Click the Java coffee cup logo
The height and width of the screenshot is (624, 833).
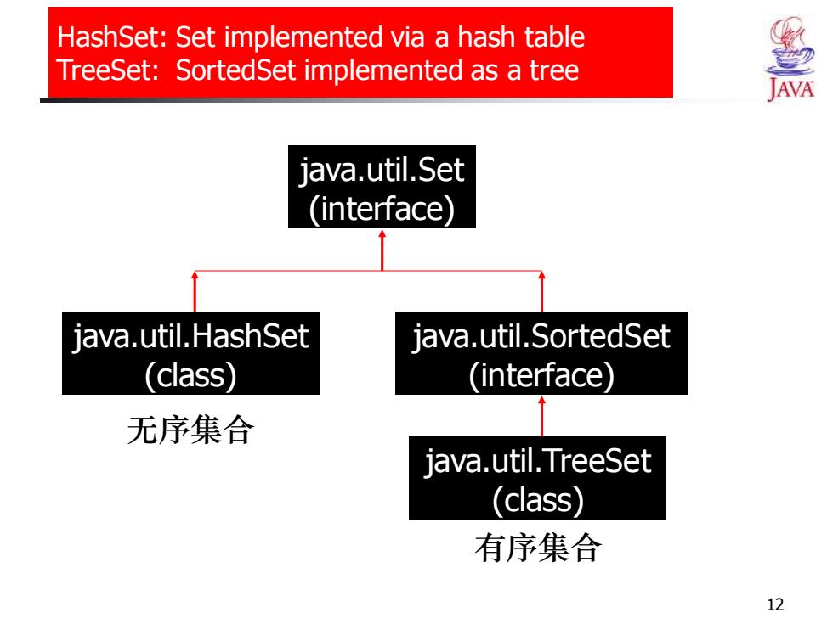point(790,59)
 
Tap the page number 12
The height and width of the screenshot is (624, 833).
point(775,604)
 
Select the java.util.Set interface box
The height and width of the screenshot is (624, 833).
point(382,187)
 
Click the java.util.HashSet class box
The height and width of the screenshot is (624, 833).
point(190,353)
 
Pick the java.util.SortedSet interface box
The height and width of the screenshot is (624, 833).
point(541,353)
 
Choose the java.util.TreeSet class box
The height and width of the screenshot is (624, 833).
point(537,477)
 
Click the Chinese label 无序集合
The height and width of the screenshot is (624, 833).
point(190,430)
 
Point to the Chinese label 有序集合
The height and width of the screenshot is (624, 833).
point(538,548)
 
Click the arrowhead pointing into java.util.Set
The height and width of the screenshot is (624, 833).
point(382,233)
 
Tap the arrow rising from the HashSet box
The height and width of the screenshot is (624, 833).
point(195,291)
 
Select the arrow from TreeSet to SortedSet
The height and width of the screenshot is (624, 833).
point(542,416)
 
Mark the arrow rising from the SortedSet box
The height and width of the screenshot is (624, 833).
point(542,291)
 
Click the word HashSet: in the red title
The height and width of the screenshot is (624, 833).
point(112,37)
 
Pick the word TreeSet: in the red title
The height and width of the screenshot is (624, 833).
point(109,70)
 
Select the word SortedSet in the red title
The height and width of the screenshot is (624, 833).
point(235,70)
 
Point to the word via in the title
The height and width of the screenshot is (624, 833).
point(409,37)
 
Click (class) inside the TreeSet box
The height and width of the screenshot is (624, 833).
point(537,500)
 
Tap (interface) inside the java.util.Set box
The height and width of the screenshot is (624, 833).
point(382,209)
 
